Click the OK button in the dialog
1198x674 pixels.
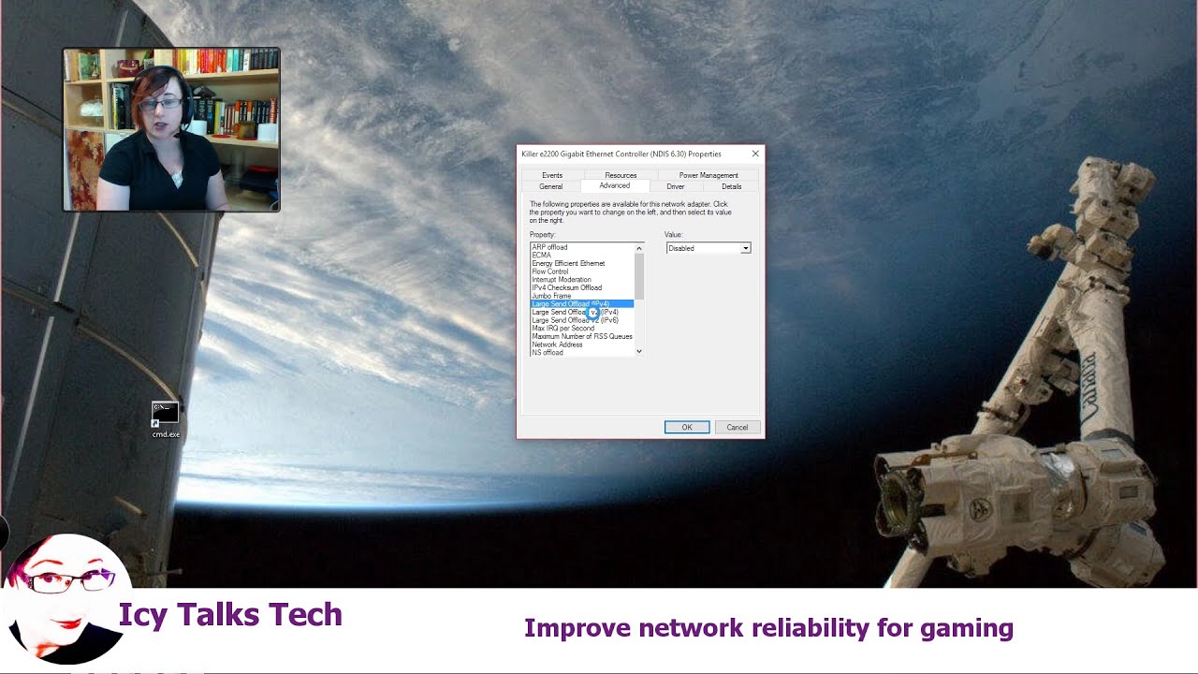coord(686,427)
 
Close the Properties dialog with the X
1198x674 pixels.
coord(755,154)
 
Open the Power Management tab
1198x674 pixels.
coord(709,175)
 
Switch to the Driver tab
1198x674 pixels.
coord(676,186)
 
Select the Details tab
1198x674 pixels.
coord(731,186)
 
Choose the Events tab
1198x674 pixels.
coord(552,175)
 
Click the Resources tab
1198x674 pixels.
coord(621,175)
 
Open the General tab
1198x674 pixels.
coord(550,186)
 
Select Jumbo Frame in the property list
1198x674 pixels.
coord(551,296)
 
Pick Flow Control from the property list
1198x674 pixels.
coord(550,271)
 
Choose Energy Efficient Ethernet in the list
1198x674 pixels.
coord(568,263)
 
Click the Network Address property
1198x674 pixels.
coord(557,344)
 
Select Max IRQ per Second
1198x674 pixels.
coord(562,329)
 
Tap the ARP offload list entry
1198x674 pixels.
coord(549,247)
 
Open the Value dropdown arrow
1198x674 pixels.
coord(745,248)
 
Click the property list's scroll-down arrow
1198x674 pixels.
coord(639,351)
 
